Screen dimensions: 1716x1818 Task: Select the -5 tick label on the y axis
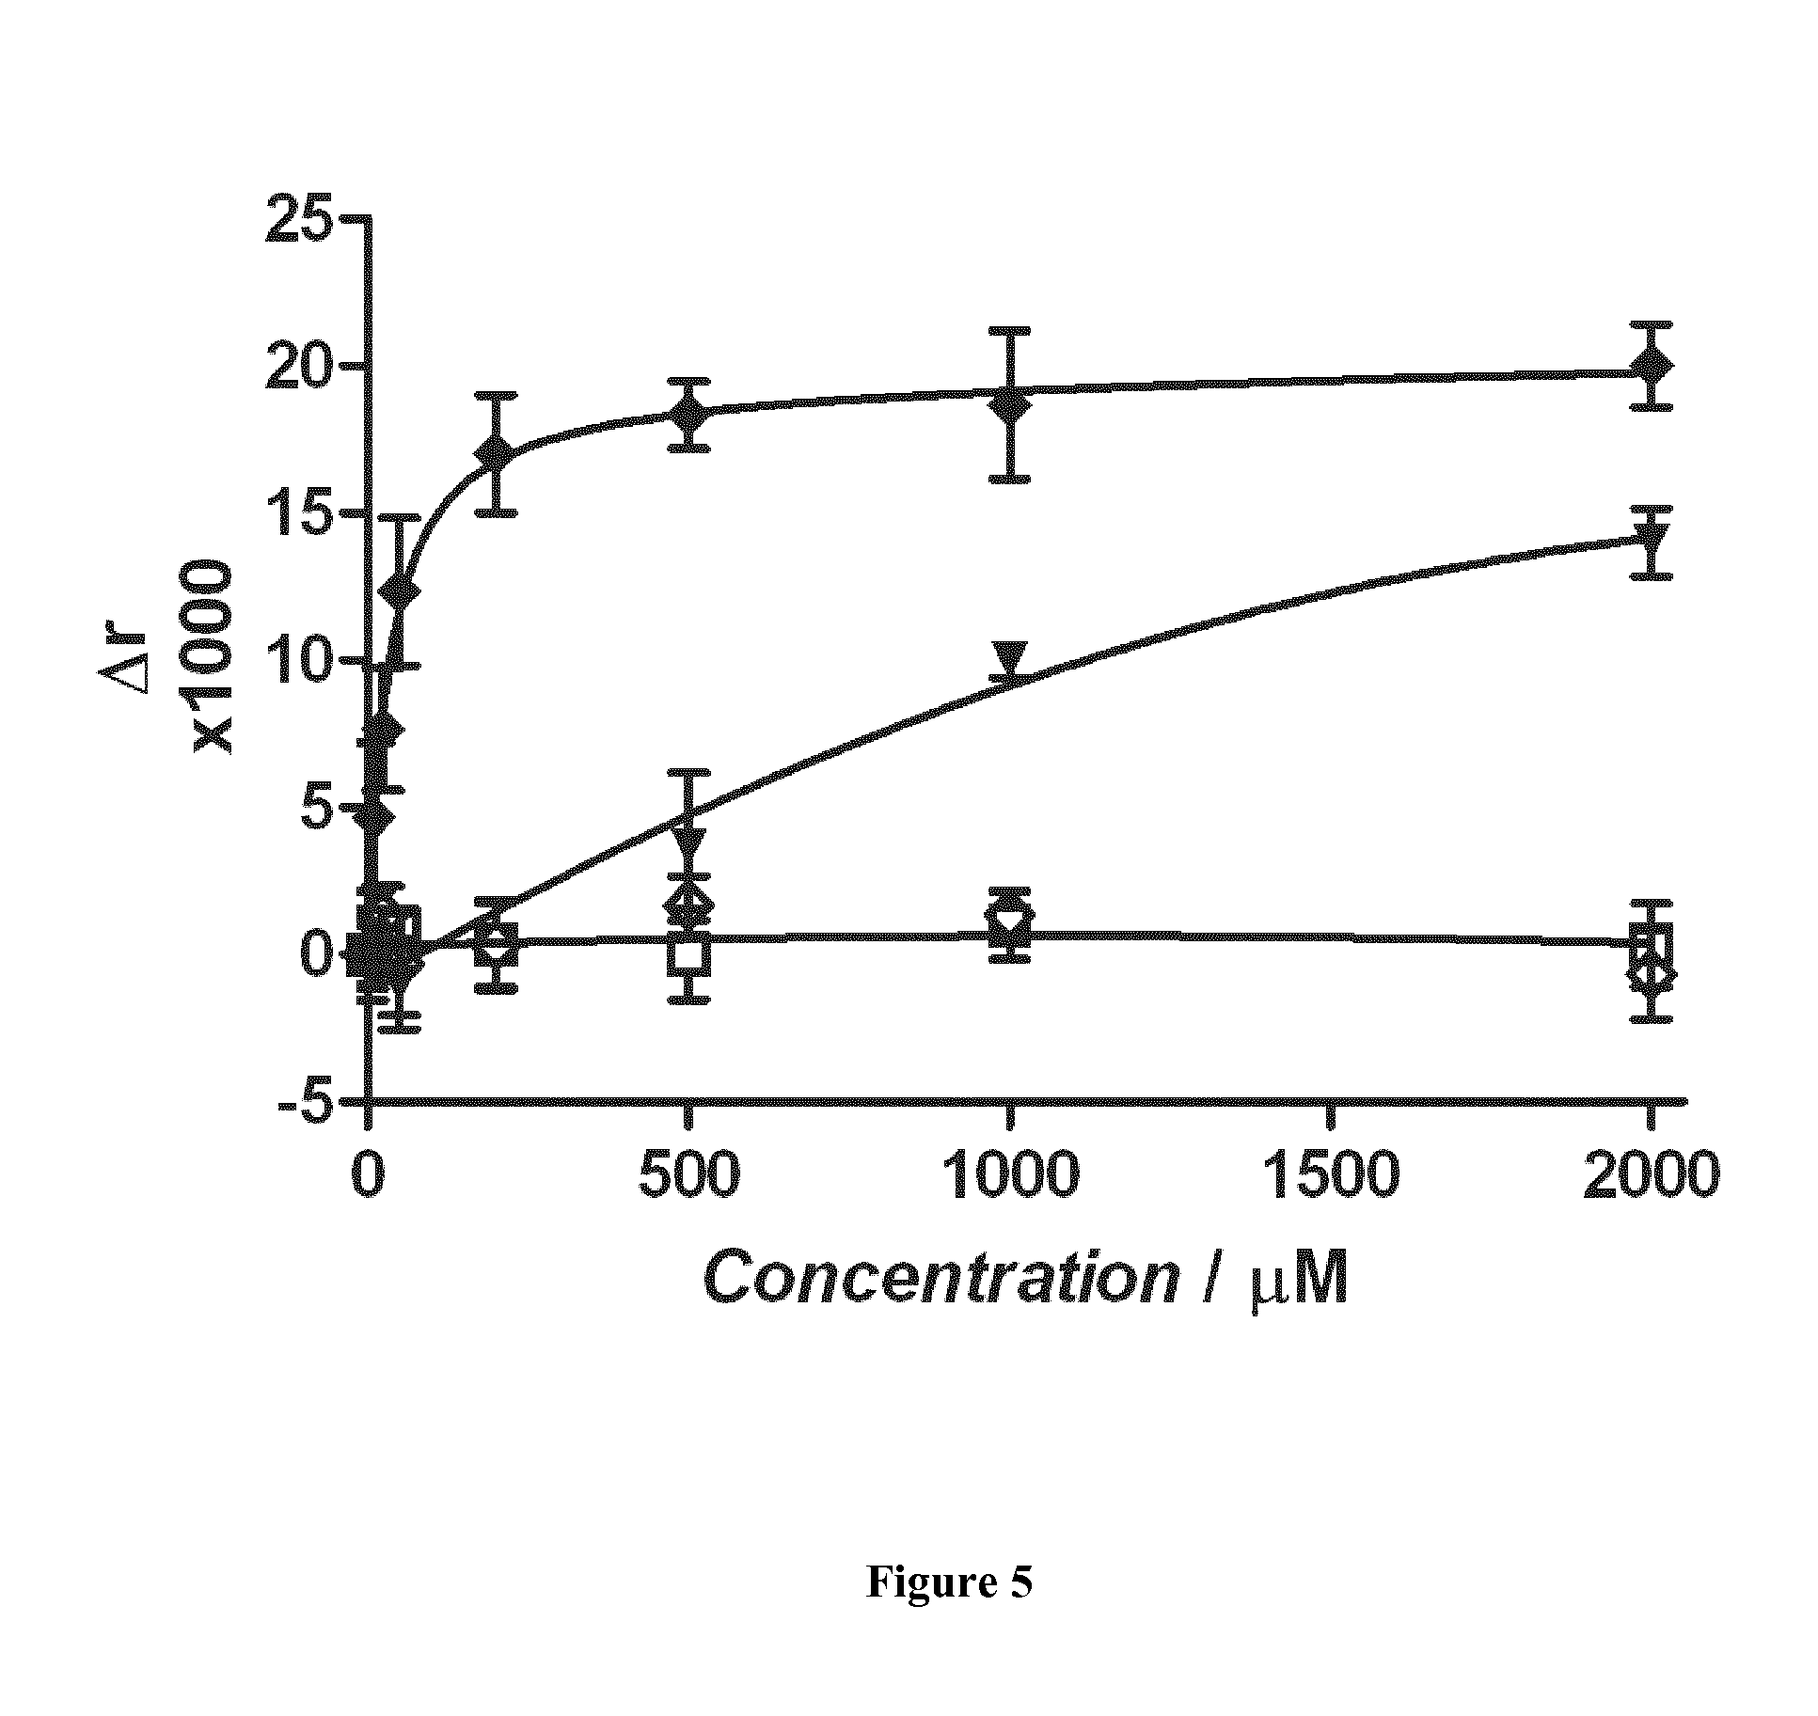tap(307, 1102)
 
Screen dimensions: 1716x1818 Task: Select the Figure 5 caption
tap(949, 1582)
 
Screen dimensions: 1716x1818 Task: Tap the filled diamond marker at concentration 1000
tap(1010, 405)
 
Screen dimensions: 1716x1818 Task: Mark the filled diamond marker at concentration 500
tap(689, 414)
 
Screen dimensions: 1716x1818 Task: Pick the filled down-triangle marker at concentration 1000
tap(1010, 658)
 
